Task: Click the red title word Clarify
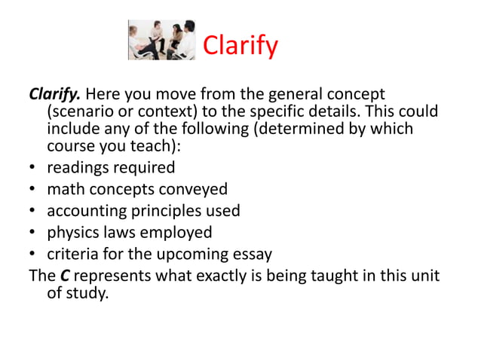click(240, 47)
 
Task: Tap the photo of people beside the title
click(161, 40)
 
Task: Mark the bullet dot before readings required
click(32, 167)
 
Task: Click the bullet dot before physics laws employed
click(32, 233)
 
